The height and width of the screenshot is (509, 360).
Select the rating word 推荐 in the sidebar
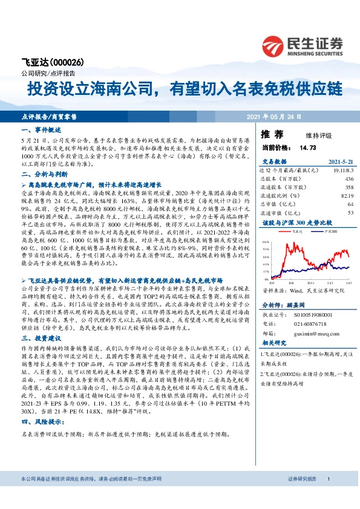pyautogui.click(x=270, y=134)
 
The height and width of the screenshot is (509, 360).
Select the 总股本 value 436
pyautogui.click(x=349, y=180)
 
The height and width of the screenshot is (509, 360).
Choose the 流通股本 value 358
pyautogui.click(x=349, y=188)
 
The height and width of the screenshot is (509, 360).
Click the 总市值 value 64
pyautogui.click(x=350, y=204)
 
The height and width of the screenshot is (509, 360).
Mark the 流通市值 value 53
pyautogui.click(x=350, y=213)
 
